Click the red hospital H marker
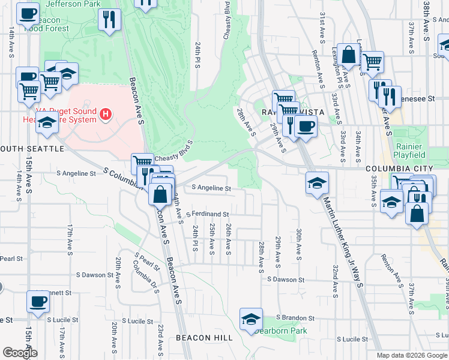click(106, 113)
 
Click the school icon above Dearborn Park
click(252, 319)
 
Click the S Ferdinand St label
click(207, 214)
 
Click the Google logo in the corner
click(19, 353)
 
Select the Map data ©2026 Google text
click(411, 355)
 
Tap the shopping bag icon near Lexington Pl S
click(348, 55)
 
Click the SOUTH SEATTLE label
click(32, 148)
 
